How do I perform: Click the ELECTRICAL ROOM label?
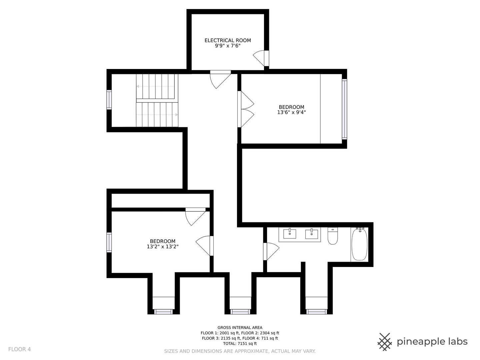(x=228, y=40)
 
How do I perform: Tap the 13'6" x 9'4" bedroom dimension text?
(x=291, y=112)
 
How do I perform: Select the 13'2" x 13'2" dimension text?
(x=163, y=247)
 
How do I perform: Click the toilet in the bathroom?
(x=333, y=236)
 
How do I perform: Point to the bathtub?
(x=360, y=244)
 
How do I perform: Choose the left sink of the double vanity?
(x=290, y=234)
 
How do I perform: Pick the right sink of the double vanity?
(x=312, y=234)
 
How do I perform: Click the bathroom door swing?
(x=271, y=251)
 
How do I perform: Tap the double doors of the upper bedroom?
(x=246, y=109)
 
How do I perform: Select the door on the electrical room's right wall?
(x=261, y=58)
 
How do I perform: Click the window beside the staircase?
(x=109, y=100)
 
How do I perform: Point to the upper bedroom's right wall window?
(x=344, y=109)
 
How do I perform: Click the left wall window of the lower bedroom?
(x=109, y=242)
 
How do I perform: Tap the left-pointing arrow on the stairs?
(x=155, y=86)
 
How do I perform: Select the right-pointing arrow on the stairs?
(x=157, y=115)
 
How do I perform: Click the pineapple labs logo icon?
(x=385, y=342)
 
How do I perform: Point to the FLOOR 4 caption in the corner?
(x=19, y=349)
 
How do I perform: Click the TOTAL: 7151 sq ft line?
(x=240, y=344)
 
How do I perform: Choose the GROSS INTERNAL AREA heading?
(x=240, y=328)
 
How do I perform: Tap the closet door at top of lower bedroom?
(x=195, y=217)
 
